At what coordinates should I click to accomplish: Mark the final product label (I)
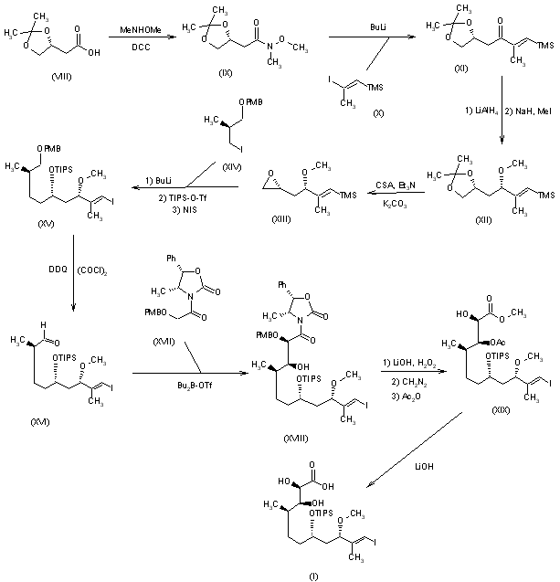pos(299,576)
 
